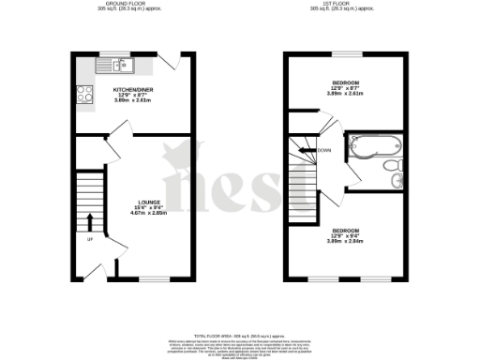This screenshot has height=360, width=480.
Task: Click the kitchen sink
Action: (120, 65)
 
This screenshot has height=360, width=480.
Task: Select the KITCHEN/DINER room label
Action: (132, 90)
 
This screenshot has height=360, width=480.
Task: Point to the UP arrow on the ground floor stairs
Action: (90, 222)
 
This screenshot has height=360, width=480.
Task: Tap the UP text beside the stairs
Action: (90, 241)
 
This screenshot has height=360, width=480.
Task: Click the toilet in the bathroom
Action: (395, 165)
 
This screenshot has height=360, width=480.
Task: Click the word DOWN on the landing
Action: (324, 150)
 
